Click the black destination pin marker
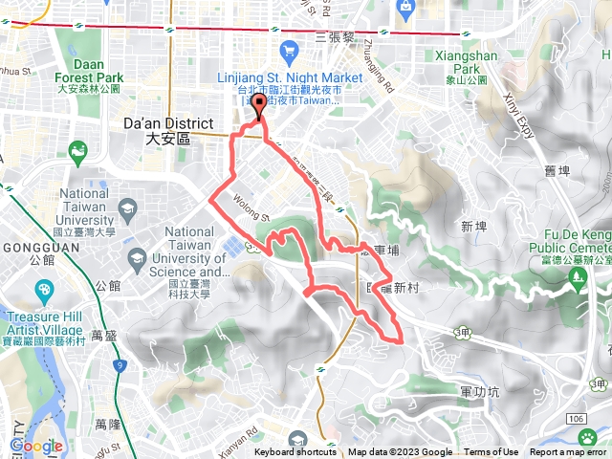(x=258, y=107)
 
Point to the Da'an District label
(x=158, y=130)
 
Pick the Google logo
(x=36, y=446)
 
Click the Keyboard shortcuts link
(x=297, y=452)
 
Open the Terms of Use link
(x=492, y=452)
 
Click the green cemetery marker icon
(x=577, y=276)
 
